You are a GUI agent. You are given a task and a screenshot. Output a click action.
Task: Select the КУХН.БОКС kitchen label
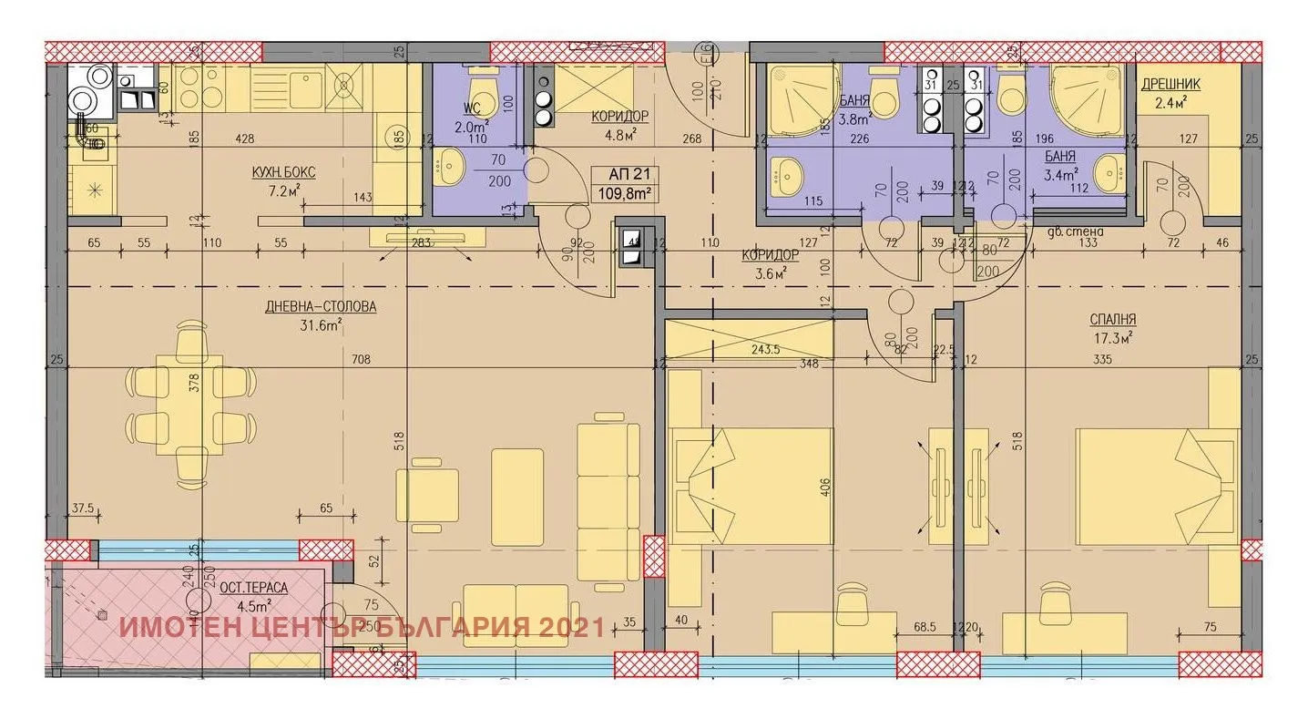[x=284, y=172]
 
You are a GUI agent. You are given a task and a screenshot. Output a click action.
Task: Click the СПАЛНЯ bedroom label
[x=1112, y=320]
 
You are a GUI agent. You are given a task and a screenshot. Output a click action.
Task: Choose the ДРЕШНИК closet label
[x=1170, y=84]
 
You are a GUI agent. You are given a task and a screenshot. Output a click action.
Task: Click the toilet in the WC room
[x=480, y=87]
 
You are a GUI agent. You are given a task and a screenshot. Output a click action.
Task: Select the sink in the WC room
[x=450, y=169]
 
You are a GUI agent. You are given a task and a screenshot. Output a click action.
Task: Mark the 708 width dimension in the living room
[x=362, y=360]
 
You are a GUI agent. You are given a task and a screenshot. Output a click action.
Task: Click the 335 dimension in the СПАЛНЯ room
[x=1105, y=360]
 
